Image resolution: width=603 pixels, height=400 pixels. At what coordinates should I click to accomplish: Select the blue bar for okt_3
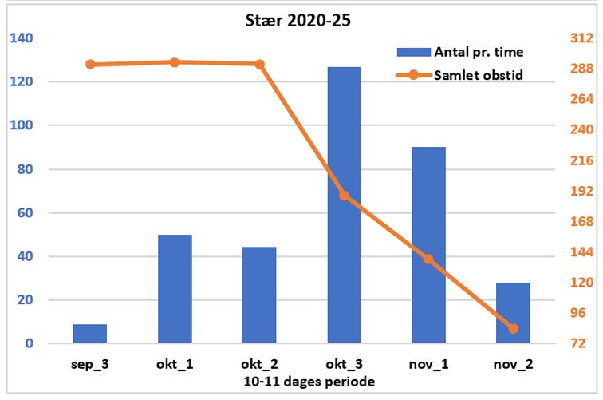[x=344, y=205]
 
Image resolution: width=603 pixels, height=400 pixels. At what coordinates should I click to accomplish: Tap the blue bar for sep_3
[x=90, y=334]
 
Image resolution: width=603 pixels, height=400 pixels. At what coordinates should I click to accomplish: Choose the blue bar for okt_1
[x=175, y=289]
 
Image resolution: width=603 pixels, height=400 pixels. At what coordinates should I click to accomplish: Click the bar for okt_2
[x=259, y=295]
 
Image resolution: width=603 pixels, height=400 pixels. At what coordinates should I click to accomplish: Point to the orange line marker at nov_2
[x=513, y=329]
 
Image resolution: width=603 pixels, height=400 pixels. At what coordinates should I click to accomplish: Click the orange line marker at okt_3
[x=344, y=195]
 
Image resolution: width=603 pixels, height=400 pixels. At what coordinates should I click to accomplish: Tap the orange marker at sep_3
[x=90, y=65]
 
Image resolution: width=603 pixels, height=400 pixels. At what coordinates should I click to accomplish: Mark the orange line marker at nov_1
[x=428, y=259]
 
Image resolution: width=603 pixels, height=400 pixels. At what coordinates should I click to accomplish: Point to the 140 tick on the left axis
[x=22, y=38]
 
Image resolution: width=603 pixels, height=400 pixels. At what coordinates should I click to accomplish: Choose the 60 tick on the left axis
[x=26, y=213]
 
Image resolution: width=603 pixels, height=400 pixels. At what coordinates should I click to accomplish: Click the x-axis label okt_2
[x=259, y=364]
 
